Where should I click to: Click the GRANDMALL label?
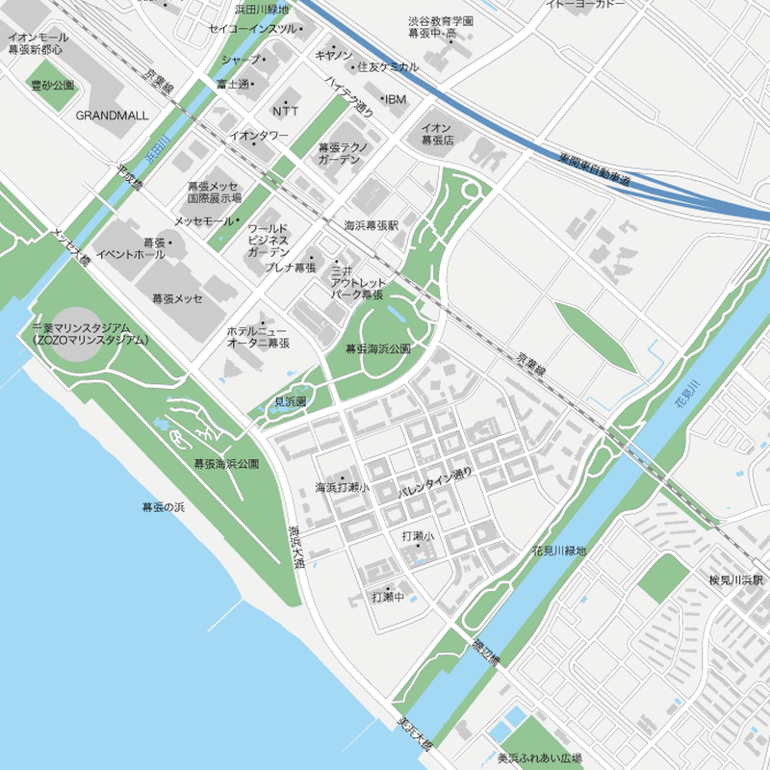click(x=112, y=115)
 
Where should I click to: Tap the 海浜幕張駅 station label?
click(x=372, y=225)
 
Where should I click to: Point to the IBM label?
click(x=397, y=99)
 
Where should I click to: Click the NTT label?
click(x=286, y=110)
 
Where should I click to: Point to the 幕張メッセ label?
click(x=177, y=298)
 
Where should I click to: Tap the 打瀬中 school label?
click(x=386, y=597)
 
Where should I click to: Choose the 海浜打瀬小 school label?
click(x=342, y=488)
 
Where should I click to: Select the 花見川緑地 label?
click(x=558, y=551)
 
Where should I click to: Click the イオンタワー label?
click(x=258, y=136)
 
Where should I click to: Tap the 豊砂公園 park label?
click(x=52, y=86)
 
